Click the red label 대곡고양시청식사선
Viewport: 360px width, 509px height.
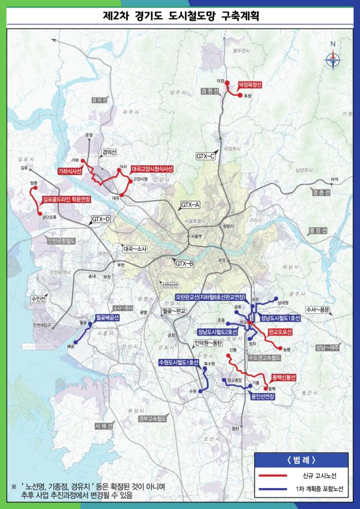[x=152, y=168]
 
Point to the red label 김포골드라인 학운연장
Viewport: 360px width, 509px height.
[x=67, y=199]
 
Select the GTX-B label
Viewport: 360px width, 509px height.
[x=184, y=263]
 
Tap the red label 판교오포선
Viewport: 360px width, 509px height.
[x=281, y=332]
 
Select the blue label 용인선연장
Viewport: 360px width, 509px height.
[x=263, y=396]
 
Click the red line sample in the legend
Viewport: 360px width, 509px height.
[x=274, y=475]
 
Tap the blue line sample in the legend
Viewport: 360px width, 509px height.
[x=274, y=489]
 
